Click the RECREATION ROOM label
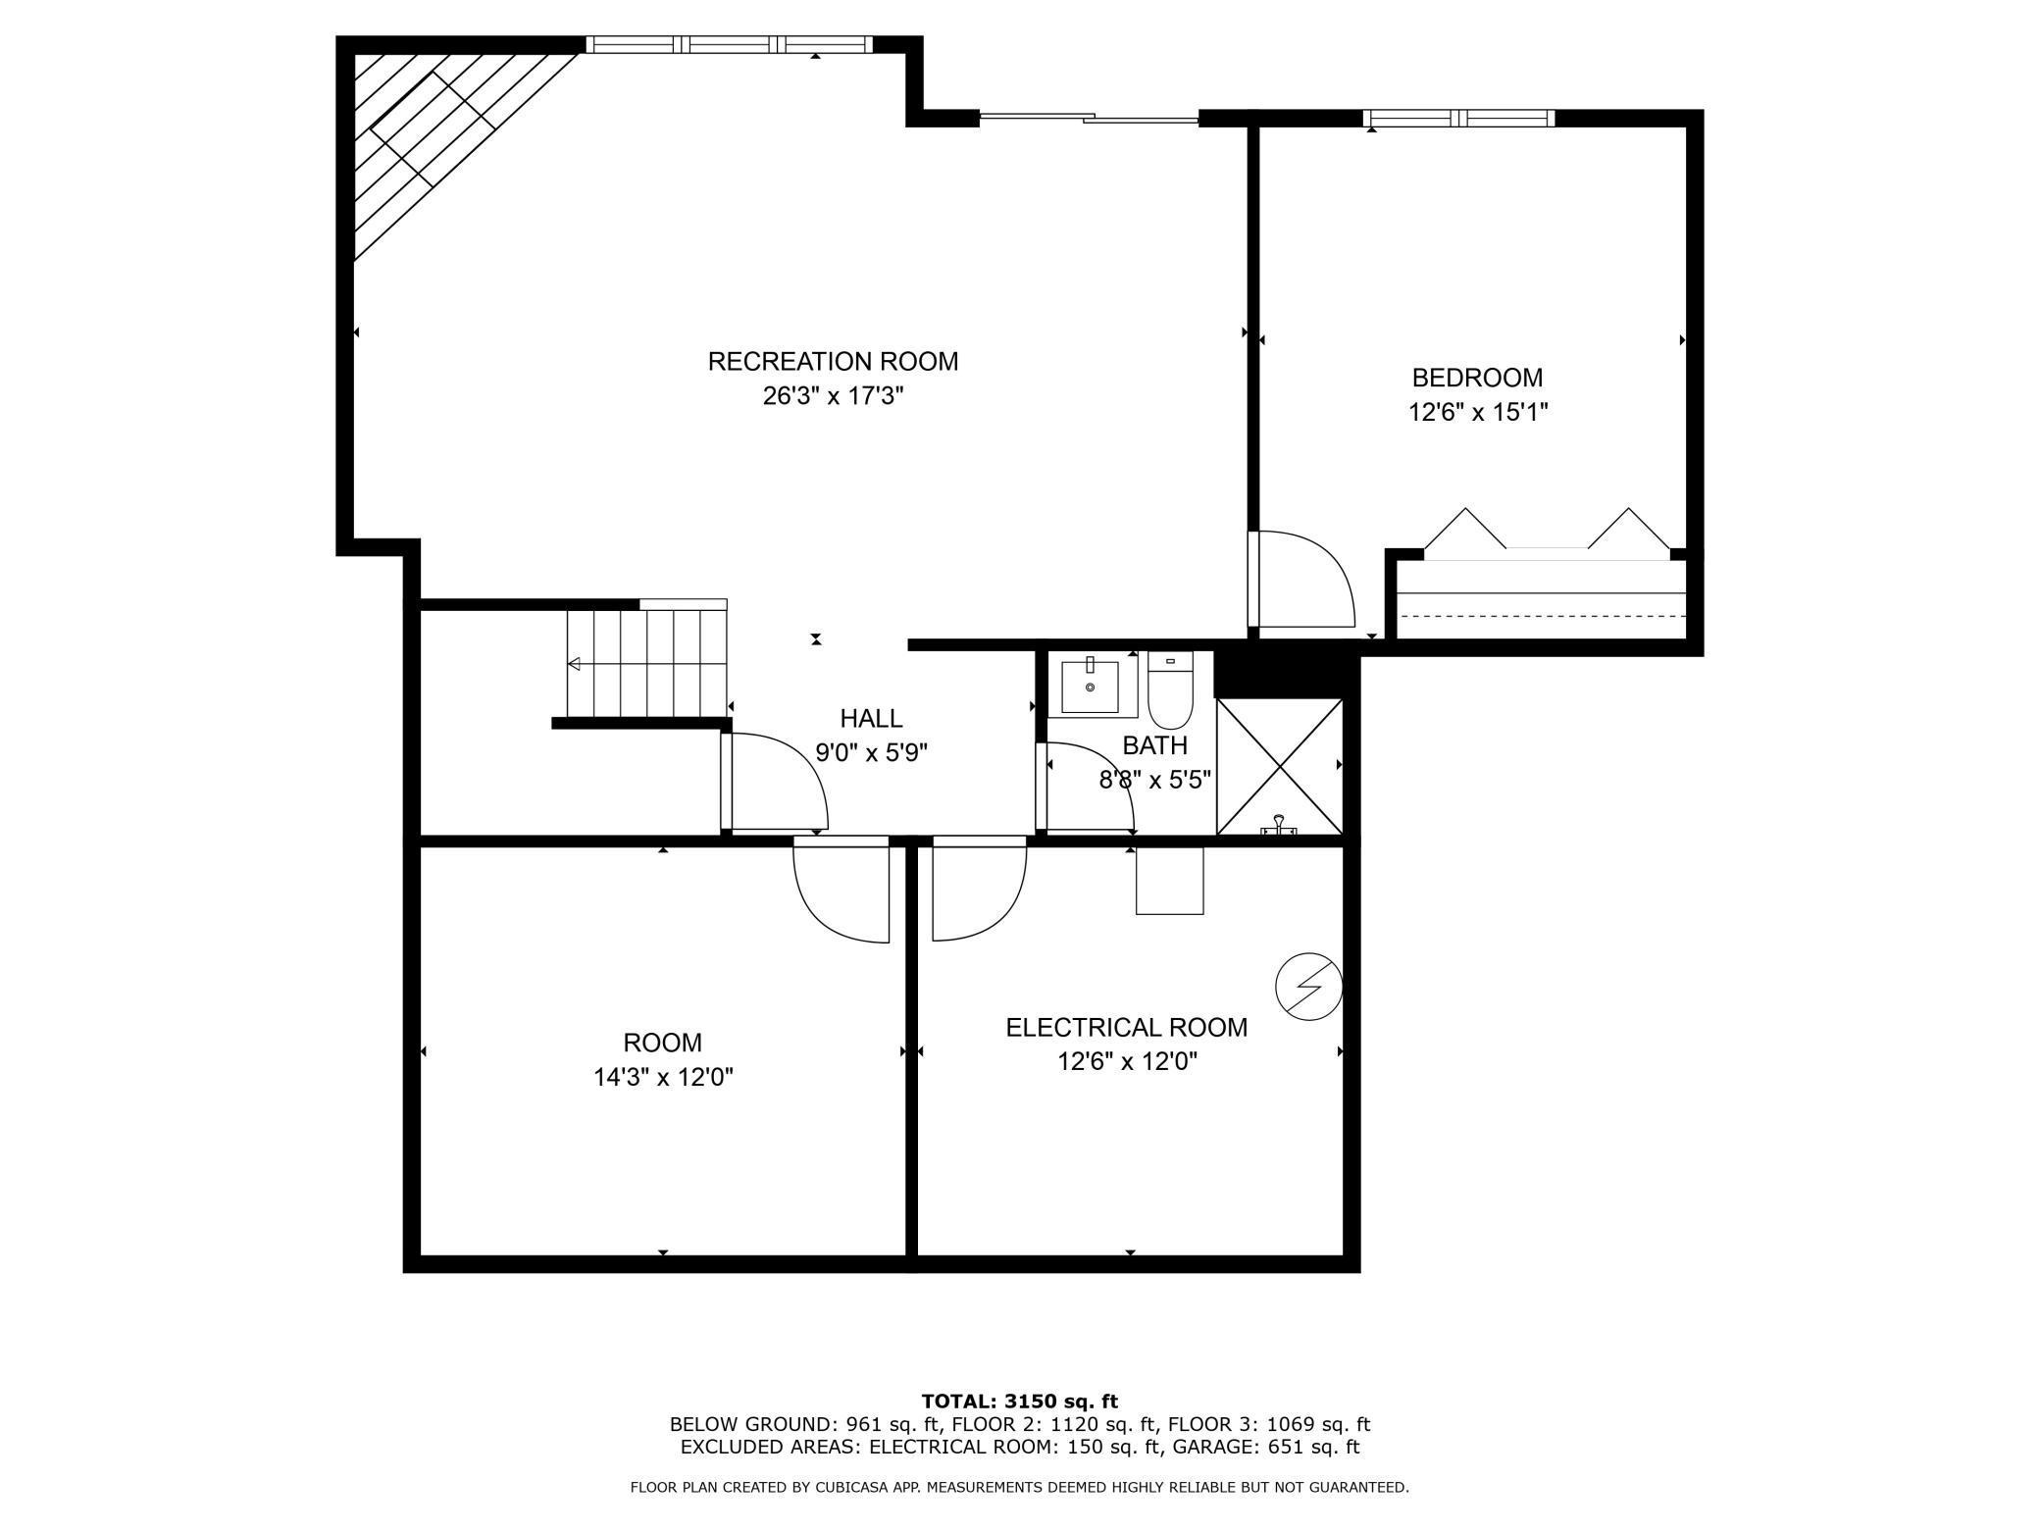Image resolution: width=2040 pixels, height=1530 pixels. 833,362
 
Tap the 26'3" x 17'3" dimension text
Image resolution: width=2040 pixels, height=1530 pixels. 833,397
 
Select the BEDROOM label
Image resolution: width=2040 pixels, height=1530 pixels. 1477,378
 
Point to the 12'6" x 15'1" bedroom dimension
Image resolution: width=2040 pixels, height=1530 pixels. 1477,413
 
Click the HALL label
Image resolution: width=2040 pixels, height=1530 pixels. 871,719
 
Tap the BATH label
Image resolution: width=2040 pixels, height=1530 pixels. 1154,745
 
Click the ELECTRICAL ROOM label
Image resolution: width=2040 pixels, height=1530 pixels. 1126,1028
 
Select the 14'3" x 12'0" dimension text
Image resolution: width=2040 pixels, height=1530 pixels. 663,1078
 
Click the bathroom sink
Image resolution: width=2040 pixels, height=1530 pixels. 1090,687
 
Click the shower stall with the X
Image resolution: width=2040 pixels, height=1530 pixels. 1279,766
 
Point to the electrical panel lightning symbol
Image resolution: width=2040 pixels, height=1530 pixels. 1308,986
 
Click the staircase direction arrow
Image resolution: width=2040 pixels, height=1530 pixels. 575,664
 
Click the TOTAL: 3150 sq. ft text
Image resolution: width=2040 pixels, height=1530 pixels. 1019,1402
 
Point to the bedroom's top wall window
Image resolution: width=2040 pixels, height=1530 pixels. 1458,119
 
